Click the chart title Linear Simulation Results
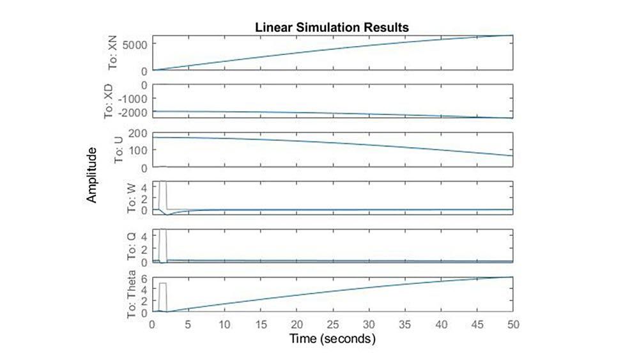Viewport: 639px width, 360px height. pos(332,27)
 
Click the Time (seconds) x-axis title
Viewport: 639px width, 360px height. pos(332,338)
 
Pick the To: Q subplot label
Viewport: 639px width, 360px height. pos(132,247)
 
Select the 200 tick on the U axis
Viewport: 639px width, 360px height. pos(139,133)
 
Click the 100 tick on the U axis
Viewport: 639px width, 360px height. pos(139,150)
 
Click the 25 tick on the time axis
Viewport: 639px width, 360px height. pos(332,324)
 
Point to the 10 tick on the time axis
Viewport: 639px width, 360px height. pos(224,324)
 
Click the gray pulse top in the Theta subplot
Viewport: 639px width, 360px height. pos(163,283)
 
